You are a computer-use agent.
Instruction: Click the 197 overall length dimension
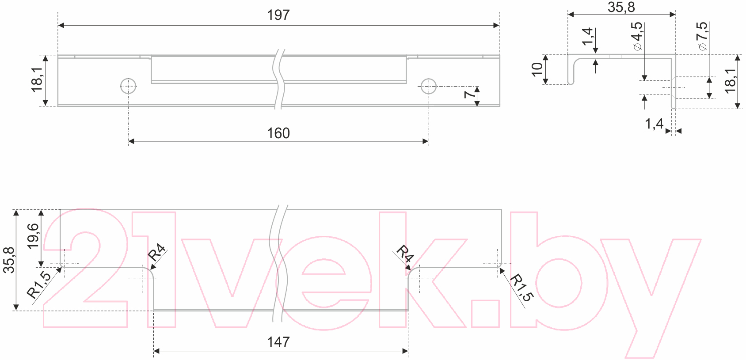278,15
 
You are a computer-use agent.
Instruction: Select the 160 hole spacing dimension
278,133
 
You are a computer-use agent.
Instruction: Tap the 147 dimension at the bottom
278,342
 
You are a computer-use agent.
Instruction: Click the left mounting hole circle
128,86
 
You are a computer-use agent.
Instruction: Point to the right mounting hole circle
429,86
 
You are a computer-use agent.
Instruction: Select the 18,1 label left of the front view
37,80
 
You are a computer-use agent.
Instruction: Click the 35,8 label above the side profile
621,7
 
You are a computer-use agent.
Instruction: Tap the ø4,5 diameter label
637,36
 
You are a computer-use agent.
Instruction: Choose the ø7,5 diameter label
702,36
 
